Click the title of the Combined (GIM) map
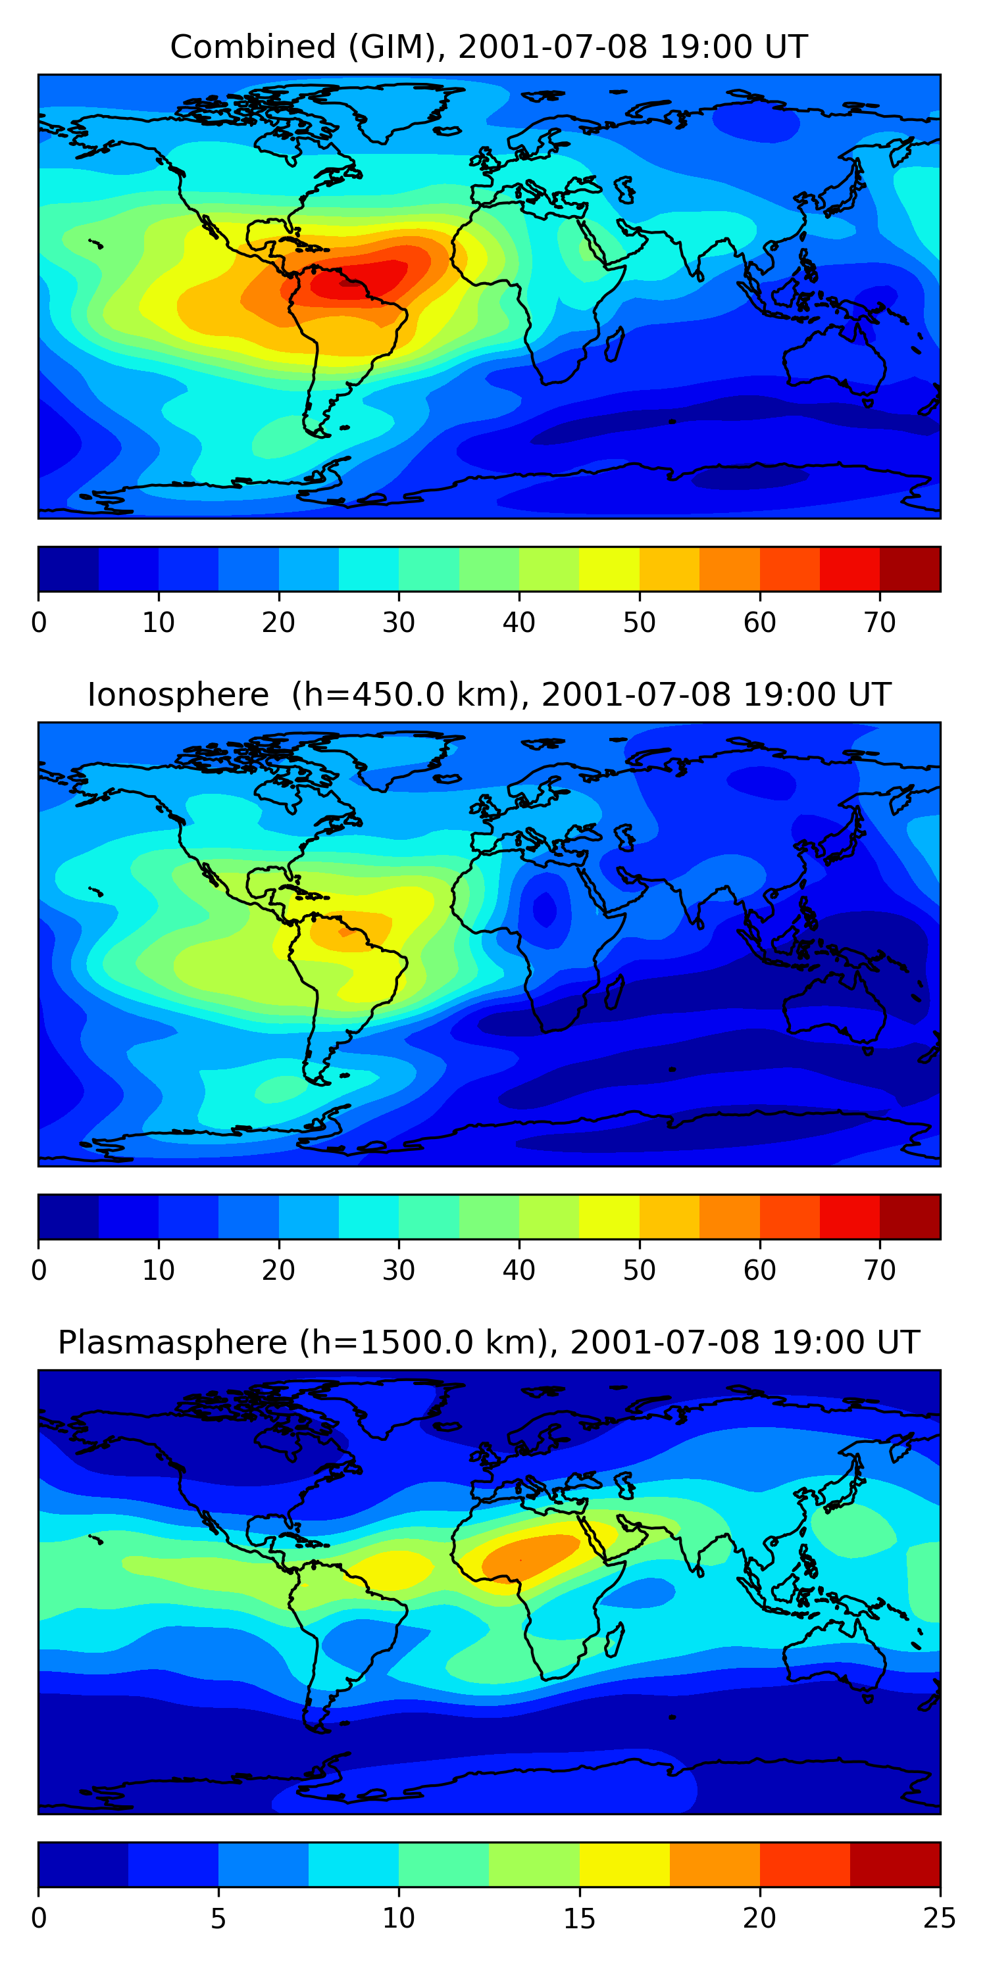pos(489,47)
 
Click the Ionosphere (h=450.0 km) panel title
pos(489,694)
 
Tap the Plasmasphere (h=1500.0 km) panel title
pos(489,1343)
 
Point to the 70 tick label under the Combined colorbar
pos(880,623)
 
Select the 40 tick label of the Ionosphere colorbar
pos(519,1271)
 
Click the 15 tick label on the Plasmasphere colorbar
pos(579,1918)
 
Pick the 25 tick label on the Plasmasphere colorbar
pos(940,1918)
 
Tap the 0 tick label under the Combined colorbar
pos(39,623)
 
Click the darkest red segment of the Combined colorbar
pos(909,569)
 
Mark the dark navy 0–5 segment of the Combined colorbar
pos(68,569)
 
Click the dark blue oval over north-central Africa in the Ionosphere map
pos(545,909)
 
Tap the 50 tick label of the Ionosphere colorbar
pos(639,1271)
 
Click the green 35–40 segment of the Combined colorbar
pos(489,569)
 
